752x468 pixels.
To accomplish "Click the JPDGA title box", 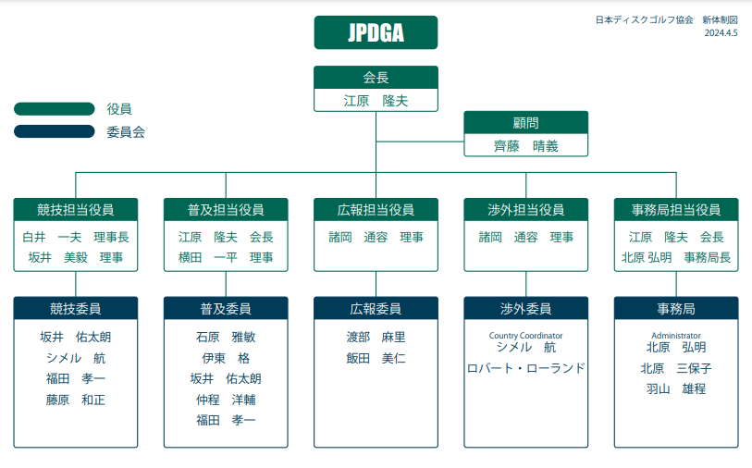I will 376,32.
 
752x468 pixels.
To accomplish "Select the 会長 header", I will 376,78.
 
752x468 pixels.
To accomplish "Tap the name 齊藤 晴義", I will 525,145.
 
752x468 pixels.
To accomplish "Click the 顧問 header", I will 525,122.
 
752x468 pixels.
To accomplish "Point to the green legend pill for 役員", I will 55,109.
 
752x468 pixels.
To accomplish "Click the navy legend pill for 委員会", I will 55,131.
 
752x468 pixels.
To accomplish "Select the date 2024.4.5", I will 721,32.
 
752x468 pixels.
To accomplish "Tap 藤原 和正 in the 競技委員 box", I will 76,400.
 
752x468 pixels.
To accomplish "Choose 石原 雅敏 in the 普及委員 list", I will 226,337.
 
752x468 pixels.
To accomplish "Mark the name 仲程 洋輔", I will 226,400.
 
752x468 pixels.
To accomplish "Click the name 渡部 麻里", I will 376,337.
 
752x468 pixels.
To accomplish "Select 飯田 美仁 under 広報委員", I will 376,358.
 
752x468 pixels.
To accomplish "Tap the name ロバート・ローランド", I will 526,367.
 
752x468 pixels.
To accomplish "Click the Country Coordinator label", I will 526,335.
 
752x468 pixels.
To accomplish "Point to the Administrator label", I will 676,335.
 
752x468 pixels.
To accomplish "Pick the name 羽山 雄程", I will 676,388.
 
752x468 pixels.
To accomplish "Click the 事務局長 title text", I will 707,257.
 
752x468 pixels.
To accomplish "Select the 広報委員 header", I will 376,308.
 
